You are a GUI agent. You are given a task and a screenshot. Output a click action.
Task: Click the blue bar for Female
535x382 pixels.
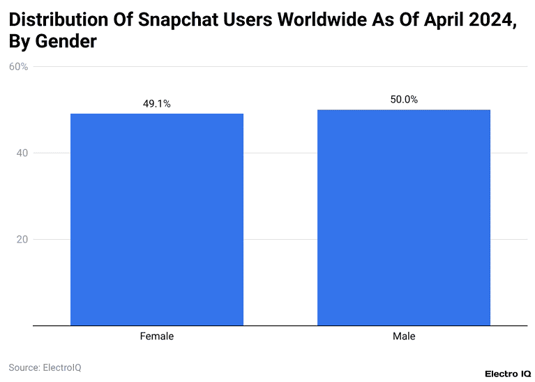[x=157, y=220]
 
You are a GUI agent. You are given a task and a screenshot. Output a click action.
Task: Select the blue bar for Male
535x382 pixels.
[x=404, y=217]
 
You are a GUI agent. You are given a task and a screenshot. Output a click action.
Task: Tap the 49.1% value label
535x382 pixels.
[x=157, y=104]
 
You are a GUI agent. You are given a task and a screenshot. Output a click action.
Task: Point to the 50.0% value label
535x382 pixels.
[x=404, y=100]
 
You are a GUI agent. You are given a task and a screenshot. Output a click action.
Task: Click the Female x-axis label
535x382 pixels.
[x=157, y=336]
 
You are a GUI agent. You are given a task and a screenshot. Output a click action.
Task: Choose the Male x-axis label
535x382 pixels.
[x=404, y=336]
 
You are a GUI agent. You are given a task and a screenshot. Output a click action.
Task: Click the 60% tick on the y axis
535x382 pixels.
[x=18, y=67]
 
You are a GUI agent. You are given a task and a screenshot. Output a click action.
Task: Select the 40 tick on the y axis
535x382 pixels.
[x=21, y=153]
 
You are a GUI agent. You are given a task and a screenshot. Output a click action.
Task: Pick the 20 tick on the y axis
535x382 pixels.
[x=21, y=240]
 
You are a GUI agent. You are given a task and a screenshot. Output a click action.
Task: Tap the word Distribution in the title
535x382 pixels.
[x=58, y=20]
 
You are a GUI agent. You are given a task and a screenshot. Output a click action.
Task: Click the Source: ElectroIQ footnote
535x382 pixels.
[x=45, y=367]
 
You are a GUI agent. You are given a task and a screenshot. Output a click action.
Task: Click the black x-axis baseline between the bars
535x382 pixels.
[x=280, y=326]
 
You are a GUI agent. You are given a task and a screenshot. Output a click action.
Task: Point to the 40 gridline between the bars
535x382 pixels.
[x=280, y=153]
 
